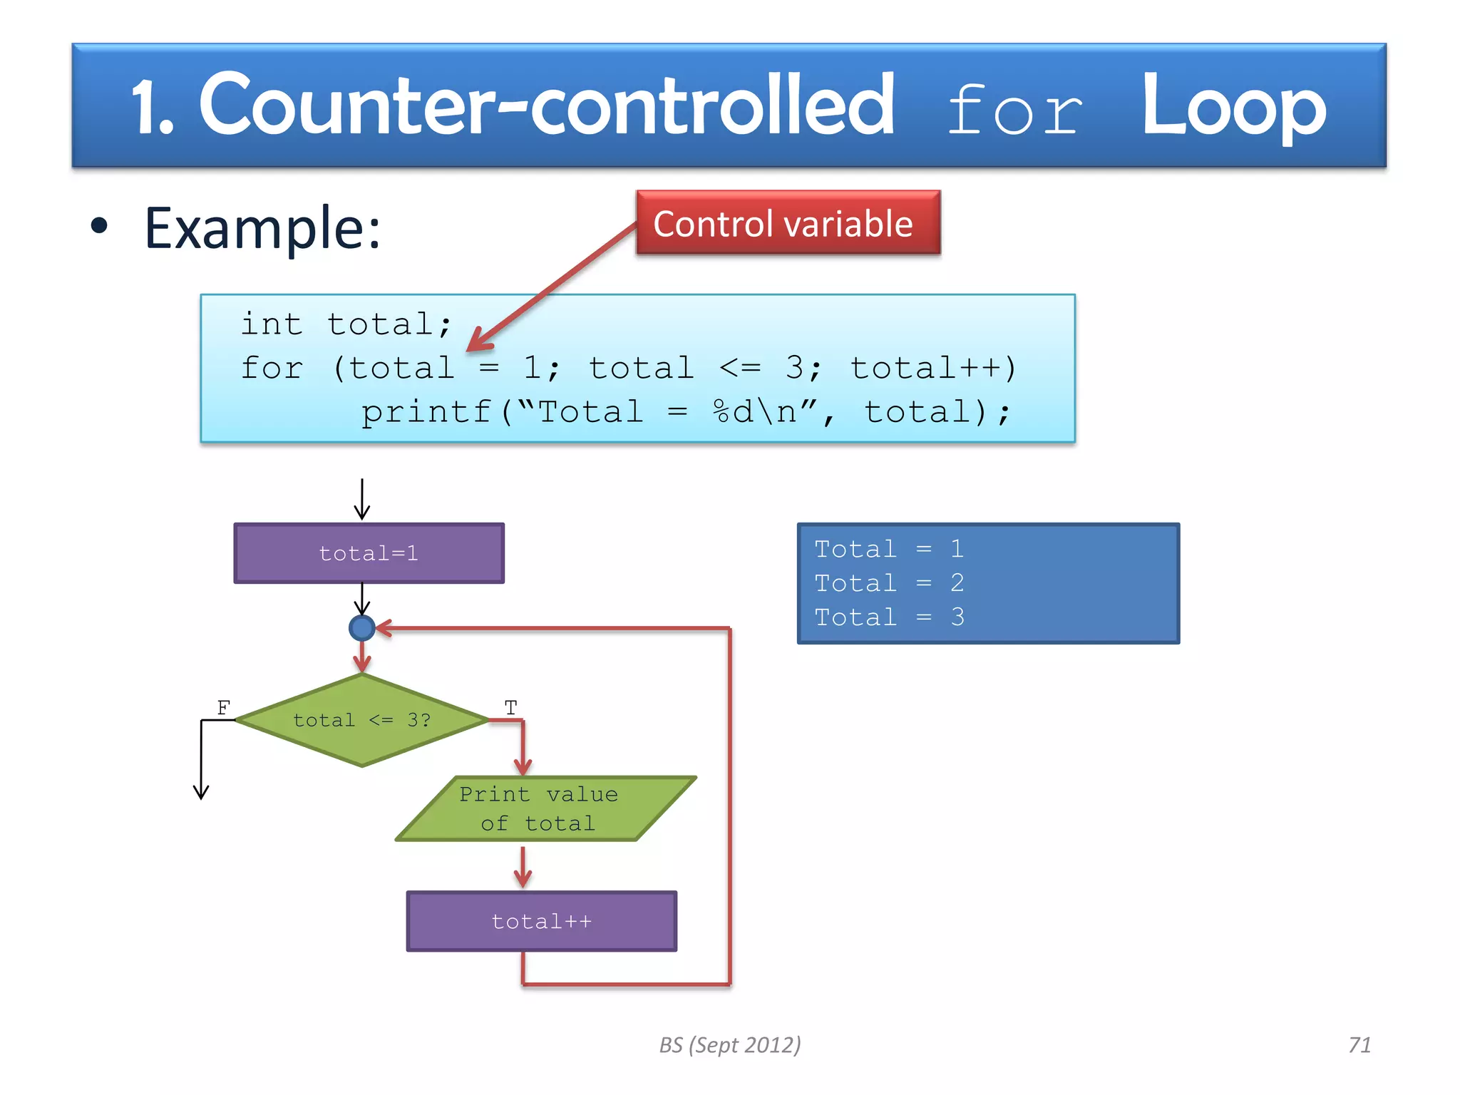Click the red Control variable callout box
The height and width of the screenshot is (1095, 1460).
788,222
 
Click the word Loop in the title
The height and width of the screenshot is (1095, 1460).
1233,107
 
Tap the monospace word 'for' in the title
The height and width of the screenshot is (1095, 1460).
1014,110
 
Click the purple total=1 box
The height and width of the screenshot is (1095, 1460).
369,553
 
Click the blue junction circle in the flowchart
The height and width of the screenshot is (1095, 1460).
361,628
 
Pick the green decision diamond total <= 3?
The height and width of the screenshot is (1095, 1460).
361,720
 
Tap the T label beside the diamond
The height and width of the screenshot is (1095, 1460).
510,707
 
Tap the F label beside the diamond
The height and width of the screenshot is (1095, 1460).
223,707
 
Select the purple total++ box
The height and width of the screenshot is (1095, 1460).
542,921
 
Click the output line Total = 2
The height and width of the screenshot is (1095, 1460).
889,583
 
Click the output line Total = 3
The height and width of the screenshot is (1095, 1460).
889,617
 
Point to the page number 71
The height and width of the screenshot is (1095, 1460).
1359,1044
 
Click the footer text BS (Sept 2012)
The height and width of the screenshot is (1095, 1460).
729,1044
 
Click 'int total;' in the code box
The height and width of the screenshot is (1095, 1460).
346,324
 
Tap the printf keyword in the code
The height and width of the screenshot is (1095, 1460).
426,412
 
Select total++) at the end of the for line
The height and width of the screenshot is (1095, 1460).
934,368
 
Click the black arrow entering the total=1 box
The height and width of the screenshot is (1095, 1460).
362,500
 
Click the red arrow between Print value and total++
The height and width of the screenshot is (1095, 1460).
523,866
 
